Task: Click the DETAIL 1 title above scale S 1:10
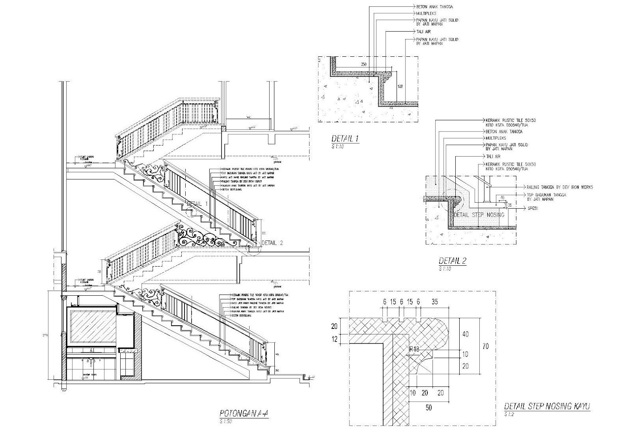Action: (345, 139)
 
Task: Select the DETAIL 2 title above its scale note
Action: (452, 261)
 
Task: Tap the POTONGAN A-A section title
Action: (244, 413)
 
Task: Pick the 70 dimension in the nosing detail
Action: (485, 346)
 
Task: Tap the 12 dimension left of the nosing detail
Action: (335, 339)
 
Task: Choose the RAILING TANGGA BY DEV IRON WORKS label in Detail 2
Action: (560, 187)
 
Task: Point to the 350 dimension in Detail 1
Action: (363, 64)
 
